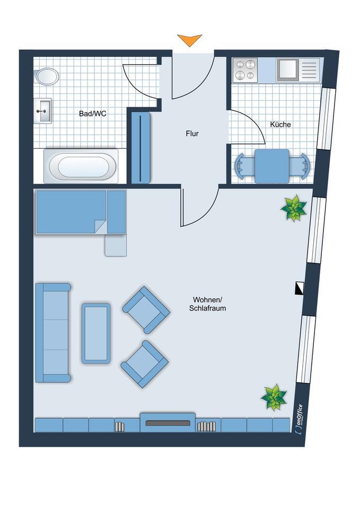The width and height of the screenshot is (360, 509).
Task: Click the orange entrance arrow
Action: click(x=190, y=40)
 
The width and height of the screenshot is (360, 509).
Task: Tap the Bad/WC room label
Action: click(x=92, y=113)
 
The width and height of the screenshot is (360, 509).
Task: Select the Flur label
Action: click(x=192, y=134)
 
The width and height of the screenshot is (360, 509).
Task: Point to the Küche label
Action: click(x=280, y=124)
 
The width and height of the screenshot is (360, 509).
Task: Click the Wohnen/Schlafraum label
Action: click(x=207, y=304)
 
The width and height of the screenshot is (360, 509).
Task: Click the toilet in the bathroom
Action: click(x=46, y=76)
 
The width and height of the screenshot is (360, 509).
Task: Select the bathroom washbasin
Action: click(x=42, y=111)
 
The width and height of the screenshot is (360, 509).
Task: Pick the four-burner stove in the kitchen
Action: click(x=245, y=70)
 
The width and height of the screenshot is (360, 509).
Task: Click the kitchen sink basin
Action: click(x=287, y=70)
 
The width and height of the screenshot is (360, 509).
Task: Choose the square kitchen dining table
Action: click(x=272, y=166)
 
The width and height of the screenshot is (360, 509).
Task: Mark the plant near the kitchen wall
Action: click(x=294, y=208)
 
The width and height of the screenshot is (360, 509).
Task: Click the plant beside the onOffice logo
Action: click(x=274, y=397)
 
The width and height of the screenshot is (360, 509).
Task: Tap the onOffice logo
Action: click(x=299, y=419)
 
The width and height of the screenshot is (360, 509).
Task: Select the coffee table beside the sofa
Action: click(x=96, y=334)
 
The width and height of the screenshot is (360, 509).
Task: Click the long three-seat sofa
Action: click(x=53, y=333)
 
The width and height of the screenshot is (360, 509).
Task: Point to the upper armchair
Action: click(x=146, y=310)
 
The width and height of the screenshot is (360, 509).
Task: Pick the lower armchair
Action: click(x=145, y=364)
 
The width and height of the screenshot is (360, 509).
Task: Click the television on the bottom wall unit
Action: click(x=168, y=423)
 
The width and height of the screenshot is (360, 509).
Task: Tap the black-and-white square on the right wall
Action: click(x=300, y=288)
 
